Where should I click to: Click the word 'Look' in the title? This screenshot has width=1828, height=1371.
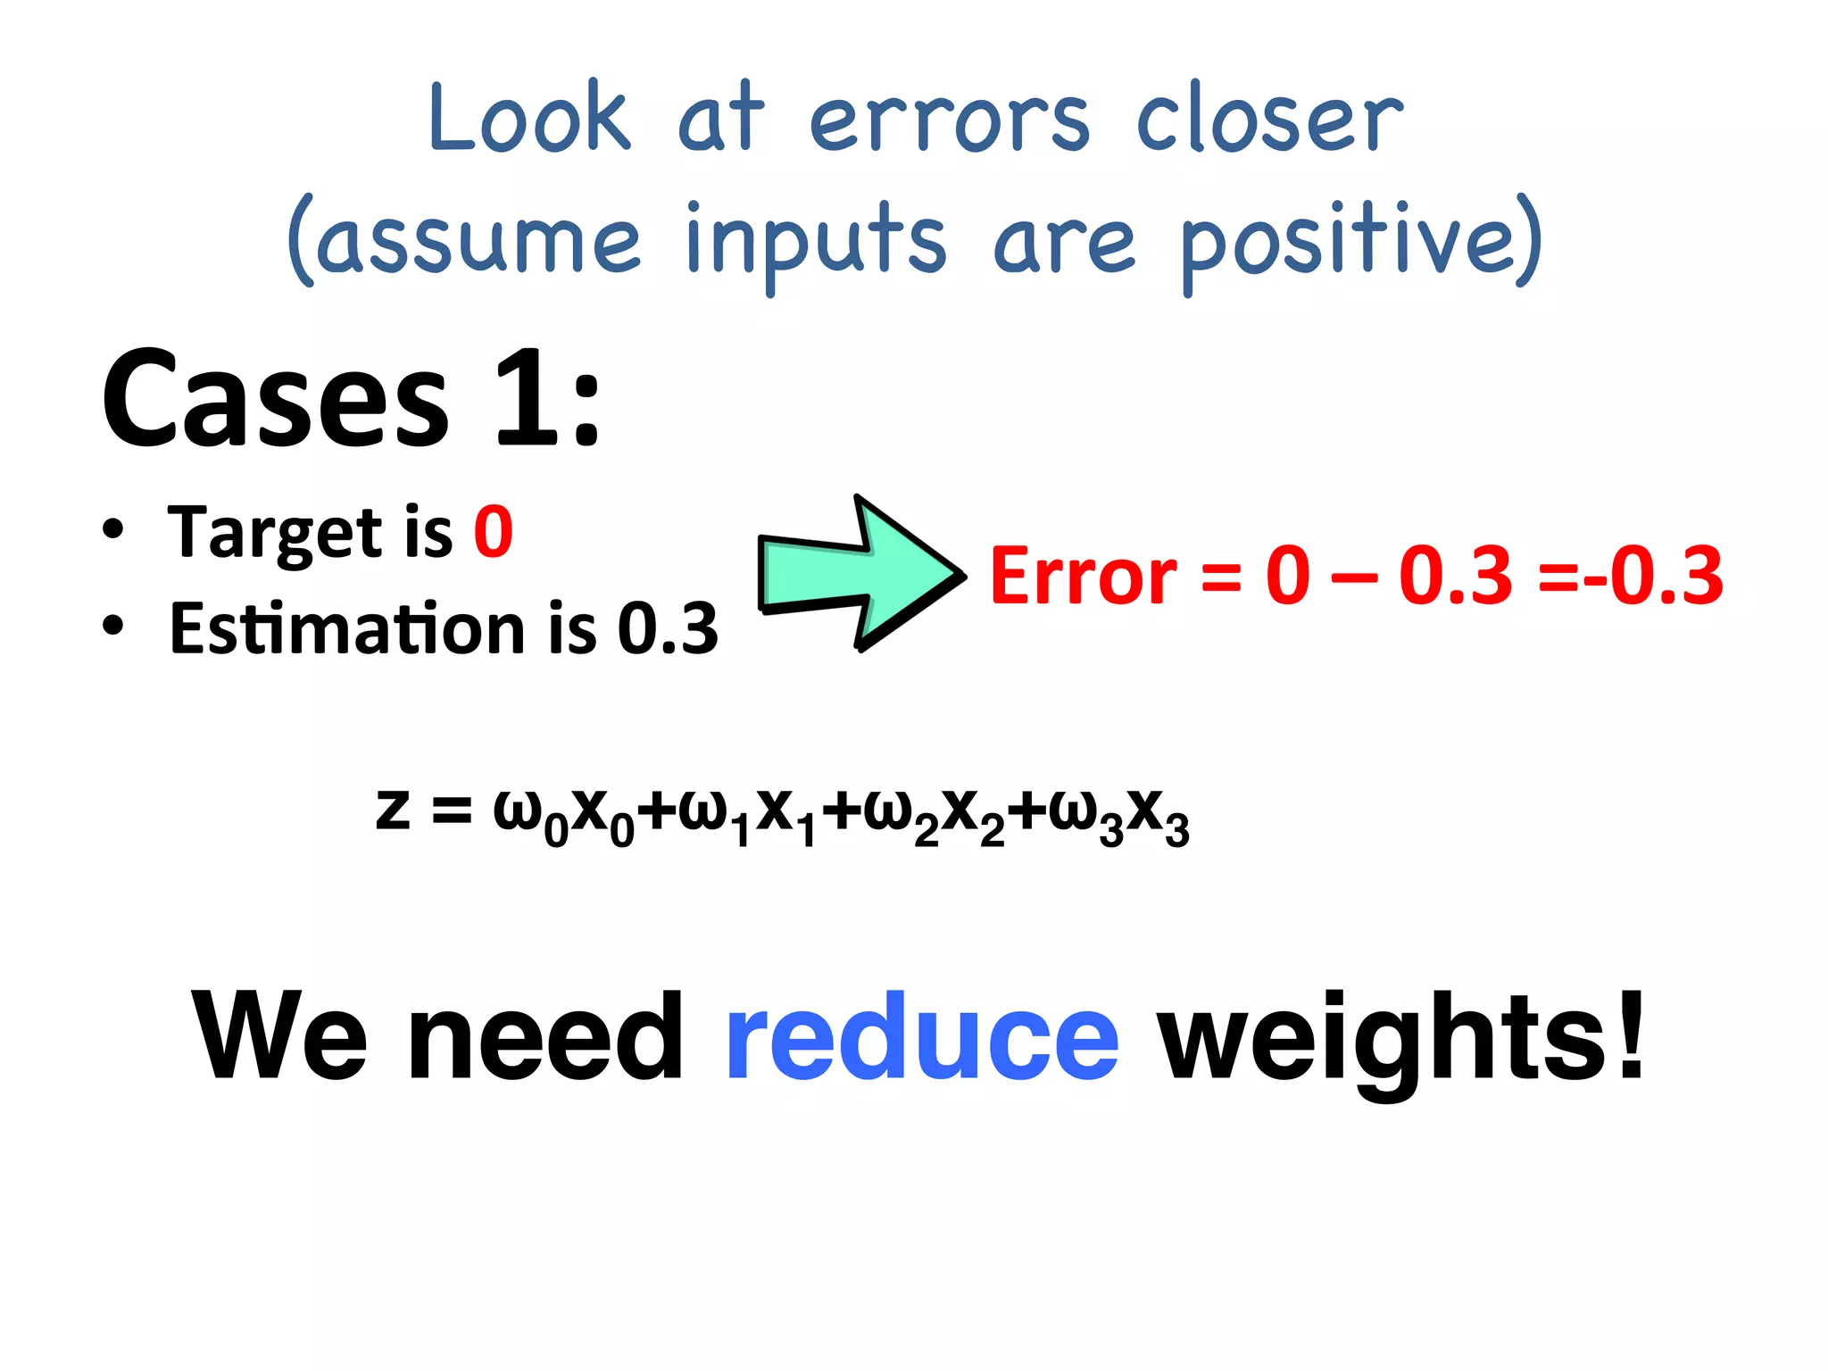click(528, 118)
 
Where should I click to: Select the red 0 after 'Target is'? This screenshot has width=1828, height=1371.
click(494, 532)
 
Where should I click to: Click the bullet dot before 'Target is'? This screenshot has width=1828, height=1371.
click(112, 528)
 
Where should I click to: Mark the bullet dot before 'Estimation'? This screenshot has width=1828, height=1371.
click(112, 625)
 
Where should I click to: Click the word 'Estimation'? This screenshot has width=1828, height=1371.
click(347, 627)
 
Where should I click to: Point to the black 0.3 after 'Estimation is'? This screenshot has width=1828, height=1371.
click(668, 627)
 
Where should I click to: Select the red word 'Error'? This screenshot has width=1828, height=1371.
click(1084, 577)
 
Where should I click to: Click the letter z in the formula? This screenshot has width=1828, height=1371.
click(394, 810)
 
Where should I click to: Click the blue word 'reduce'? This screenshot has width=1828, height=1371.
click(922, 1037)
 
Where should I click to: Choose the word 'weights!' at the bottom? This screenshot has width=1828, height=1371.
click(1400, 1039)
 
